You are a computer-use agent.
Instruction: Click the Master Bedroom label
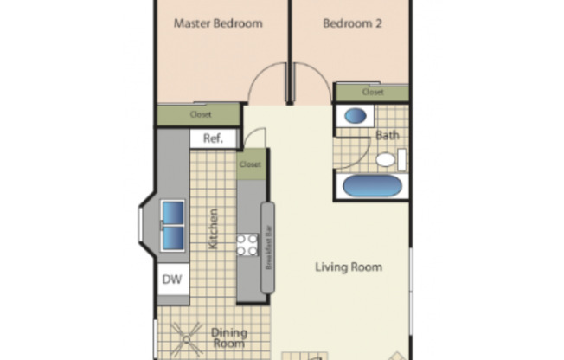coord(218,23)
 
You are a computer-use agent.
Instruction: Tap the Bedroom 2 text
coord(352,23)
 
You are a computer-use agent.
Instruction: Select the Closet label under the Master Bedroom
coord(200,114)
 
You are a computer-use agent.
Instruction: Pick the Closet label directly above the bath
coord(373,92)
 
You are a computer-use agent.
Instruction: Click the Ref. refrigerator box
coord(213,138)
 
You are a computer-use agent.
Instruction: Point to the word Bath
coord(387,135)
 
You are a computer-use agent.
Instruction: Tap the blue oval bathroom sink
coord(355,115)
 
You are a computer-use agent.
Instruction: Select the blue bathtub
coord(372,186)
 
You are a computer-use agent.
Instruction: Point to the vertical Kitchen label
coord(213,229)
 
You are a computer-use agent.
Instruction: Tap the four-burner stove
coord(247,245)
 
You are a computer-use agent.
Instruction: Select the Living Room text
coord(348,267)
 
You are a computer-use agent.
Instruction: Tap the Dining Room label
coord(228,338)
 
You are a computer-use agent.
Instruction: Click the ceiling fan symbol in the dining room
coord(184,337)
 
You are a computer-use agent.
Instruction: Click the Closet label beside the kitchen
coord(250,164)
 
